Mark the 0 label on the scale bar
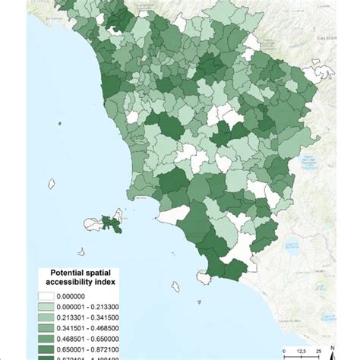pyautogui.click(x=284, y=350)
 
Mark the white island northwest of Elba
pyautogui.click(x=52, y=183)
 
